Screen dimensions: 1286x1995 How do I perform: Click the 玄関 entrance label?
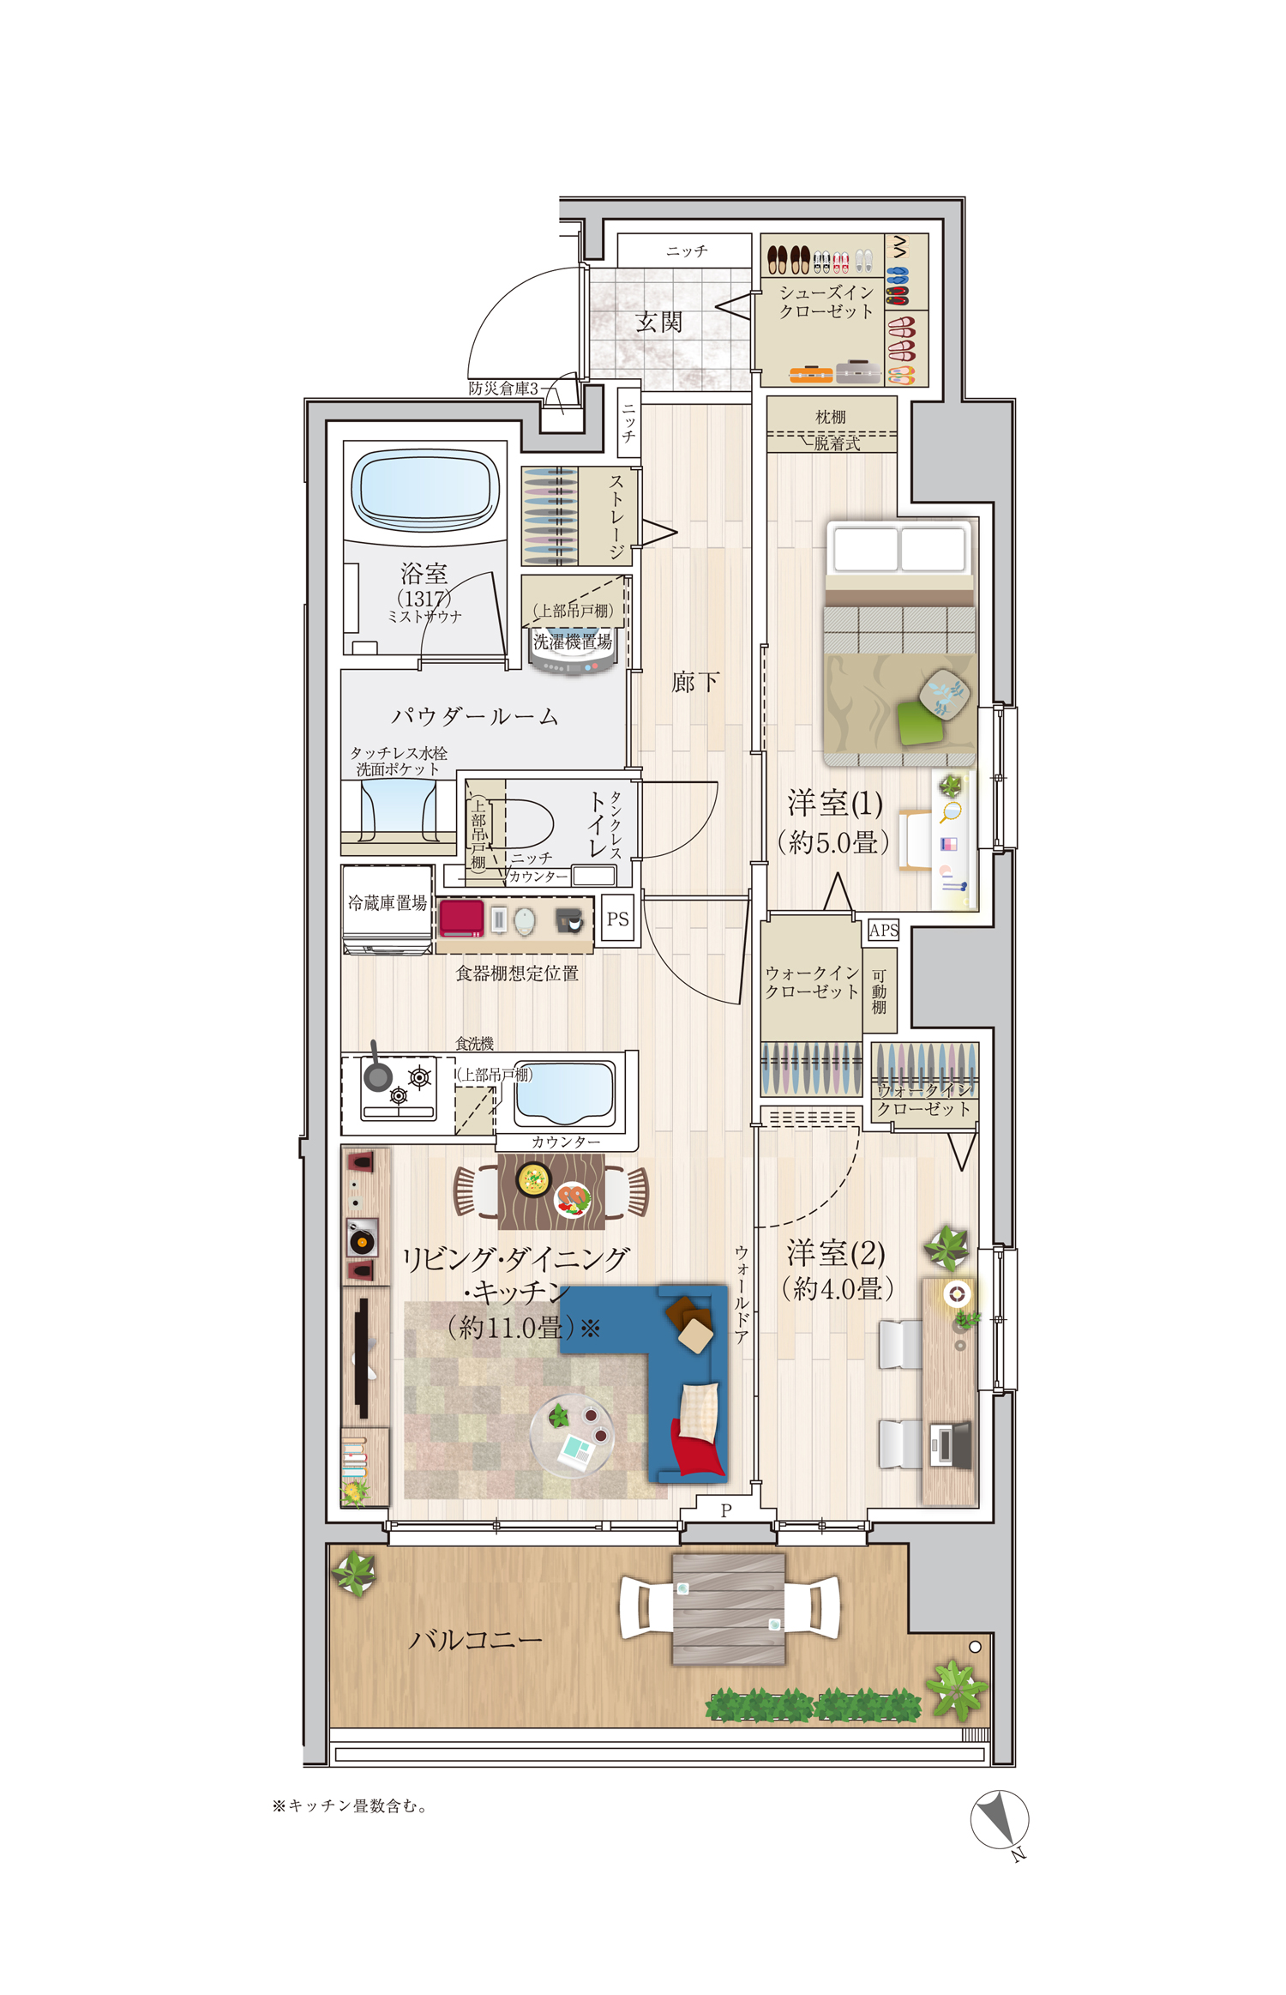pos(658,322)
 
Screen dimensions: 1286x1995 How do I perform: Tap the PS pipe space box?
pos(617,919)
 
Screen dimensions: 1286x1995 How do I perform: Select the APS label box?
pos(883,930)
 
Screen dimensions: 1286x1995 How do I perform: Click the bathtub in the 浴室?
pos(425,490)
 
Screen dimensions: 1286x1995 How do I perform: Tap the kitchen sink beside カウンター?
pos(564,1094)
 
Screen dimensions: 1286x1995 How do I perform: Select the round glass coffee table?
pos(571,1434)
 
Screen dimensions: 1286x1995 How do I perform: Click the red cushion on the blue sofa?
pos(697,1450)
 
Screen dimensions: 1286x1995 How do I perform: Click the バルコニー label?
pos(475,1641)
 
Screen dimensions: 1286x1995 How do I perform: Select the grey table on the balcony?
pos(728,1608)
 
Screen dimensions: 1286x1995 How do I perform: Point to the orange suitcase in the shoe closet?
pos(810,374)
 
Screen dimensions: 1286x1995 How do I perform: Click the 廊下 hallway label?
pos(695,682)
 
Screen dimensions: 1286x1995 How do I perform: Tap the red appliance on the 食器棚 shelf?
pos(462,918)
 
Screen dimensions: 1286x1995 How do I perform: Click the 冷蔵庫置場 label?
pos(387,902)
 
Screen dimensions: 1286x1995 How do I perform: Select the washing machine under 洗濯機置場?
pos(572,657)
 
